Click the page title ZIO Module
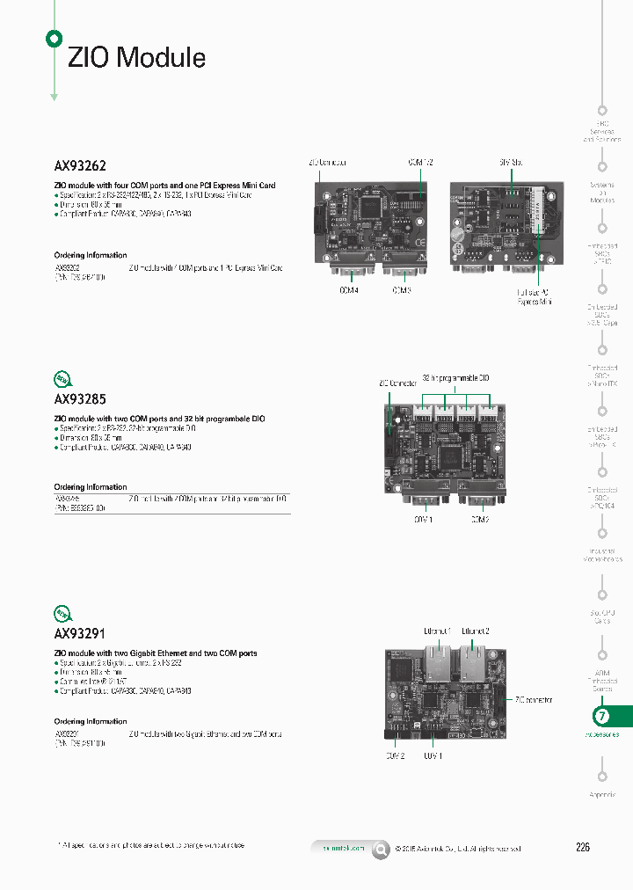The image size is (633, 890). point(137,58)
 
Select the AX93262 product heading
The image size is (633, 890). point(81,164)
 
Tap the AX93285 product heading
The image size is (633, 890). point(81,398)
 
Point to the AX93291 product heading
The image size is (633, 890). point(80,632)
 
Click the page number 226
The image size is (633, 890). point(583,848)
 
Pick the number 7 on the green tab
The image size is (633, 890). point(602,716)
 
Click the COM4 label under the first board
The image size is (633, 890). point(349,289)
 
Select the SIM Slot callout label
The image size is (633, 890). point(510,163)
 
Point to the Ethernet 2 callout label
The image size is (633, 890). point(476,631)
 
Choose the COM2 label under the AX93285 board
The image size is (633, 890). point(479,520)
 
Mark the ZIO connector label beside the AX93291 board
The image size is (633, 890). point(534,700)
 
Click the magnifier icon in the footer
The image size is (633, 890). point(381,849)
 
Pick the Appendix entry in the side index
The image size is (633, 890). point(602,795)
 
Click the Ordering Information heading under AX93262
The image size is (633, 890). point(91,255)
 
